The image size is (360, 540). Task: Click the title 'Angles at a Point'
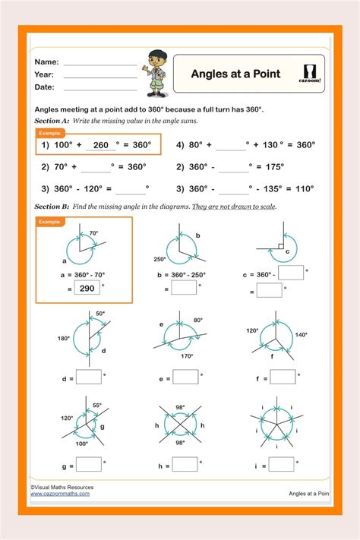click(x=235, y=74)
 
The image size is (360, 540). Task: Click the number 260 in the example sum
click(x=101, y=145)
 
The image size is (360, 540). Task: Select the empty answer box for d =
click(x=89, y=376)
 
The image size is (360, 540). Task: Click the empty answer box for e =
click(x=185, y=376)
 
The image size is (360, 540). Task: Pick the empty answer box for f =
click(x=283, y=376)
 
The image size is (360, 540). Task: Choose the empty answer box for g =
click(x=89, y=463)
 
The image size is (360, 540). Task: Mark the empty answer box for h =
click(x=185, y=463)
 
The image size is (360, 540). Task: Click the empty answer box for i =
click(x=283, y=463)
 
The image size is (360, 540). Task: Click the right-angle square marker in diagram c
click(x=280, y=246)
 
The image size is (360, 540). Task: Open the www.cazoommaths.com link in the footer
click(x=60, y=494)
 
